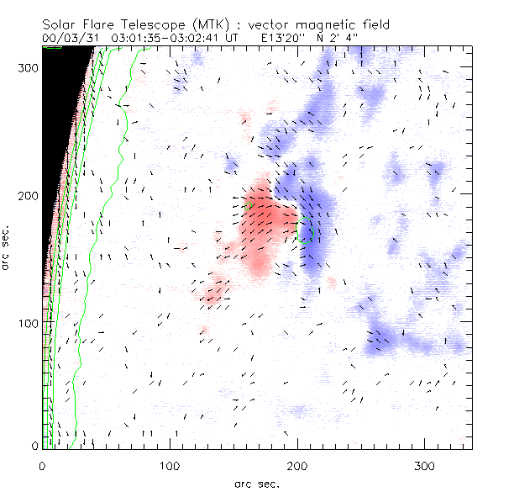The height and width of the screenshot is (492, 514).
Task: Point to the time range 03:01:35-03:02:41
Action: coord(168,38)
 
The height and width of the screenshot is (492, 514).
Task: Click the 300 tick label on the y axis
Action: coord(28,68)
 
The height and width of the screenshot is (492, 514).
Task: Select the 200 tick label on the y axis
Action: coord(28,196)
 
